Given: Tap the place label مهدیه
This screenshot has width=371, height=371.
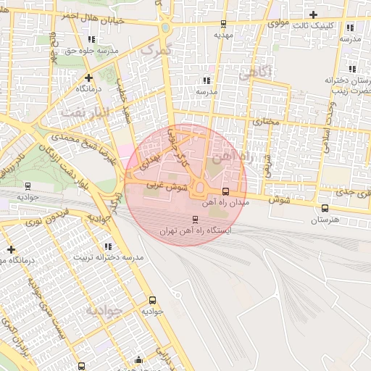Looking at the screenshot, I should coord(222,34).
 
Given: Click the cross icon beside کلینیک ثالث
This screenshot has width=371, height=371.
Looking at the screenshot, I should coord(313,14).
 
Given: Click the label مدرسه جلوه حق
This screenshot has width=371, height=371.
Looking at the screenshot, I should coord(91,51).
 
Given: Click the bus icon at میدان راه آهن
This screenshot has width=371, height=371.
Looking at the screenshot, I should coord(225,192).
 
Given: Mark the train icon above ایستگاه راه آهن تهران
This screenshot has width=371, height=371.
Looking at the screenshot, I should coord(194,219).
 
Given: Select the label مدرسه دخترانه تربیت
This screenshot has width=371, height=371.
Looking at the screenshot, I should coord(109,258).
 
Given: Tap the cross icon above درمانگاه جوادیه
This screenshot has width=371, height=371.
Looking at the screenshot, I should coord(11,250).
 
